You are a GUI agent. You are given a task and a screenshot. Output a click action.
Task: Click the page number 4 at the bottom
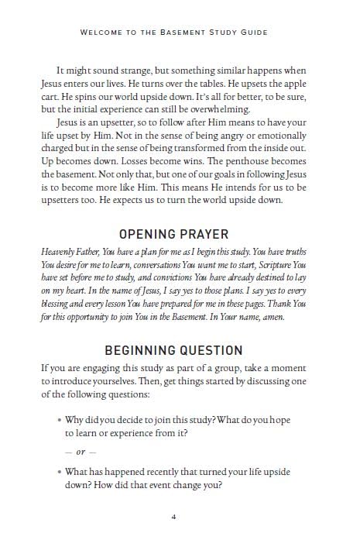click(180, 517)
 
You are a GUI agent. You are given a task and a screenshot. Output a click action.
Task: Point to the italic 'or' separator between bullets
click(80, 452)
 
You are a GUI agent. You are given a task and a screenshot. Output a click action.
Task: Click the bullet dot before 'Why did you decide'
click(60, 419)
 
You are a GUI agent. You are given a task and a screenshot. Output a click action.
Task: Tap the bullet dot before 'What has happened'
click(60, 472)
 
